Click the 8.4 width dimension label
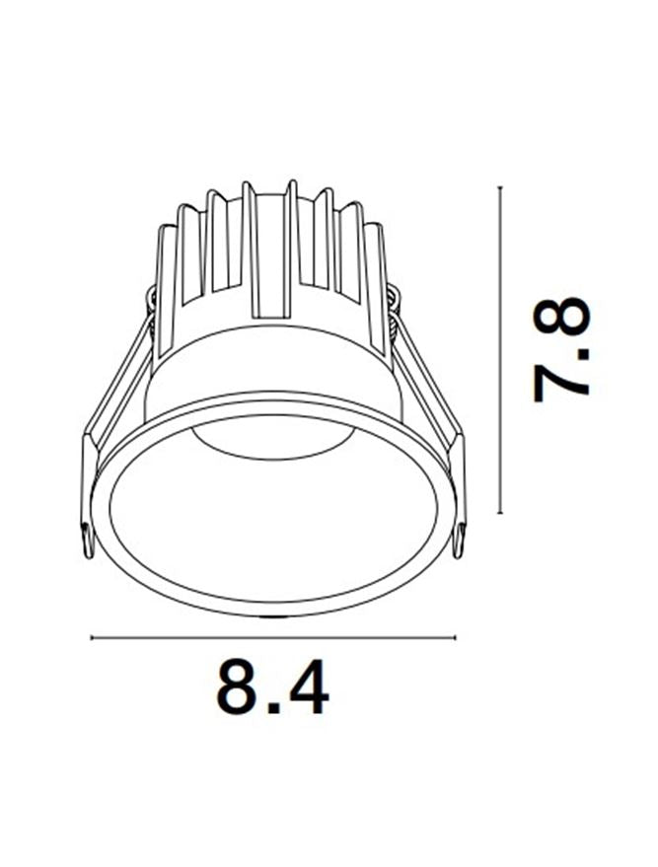[x=272, y=686]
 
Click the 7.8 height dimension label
[x=561, y=350]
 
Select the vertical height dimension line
[x=500, y=350]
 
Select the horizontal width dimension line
[x=273, y=638]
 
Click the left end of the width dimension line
[x=91, y=638]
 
